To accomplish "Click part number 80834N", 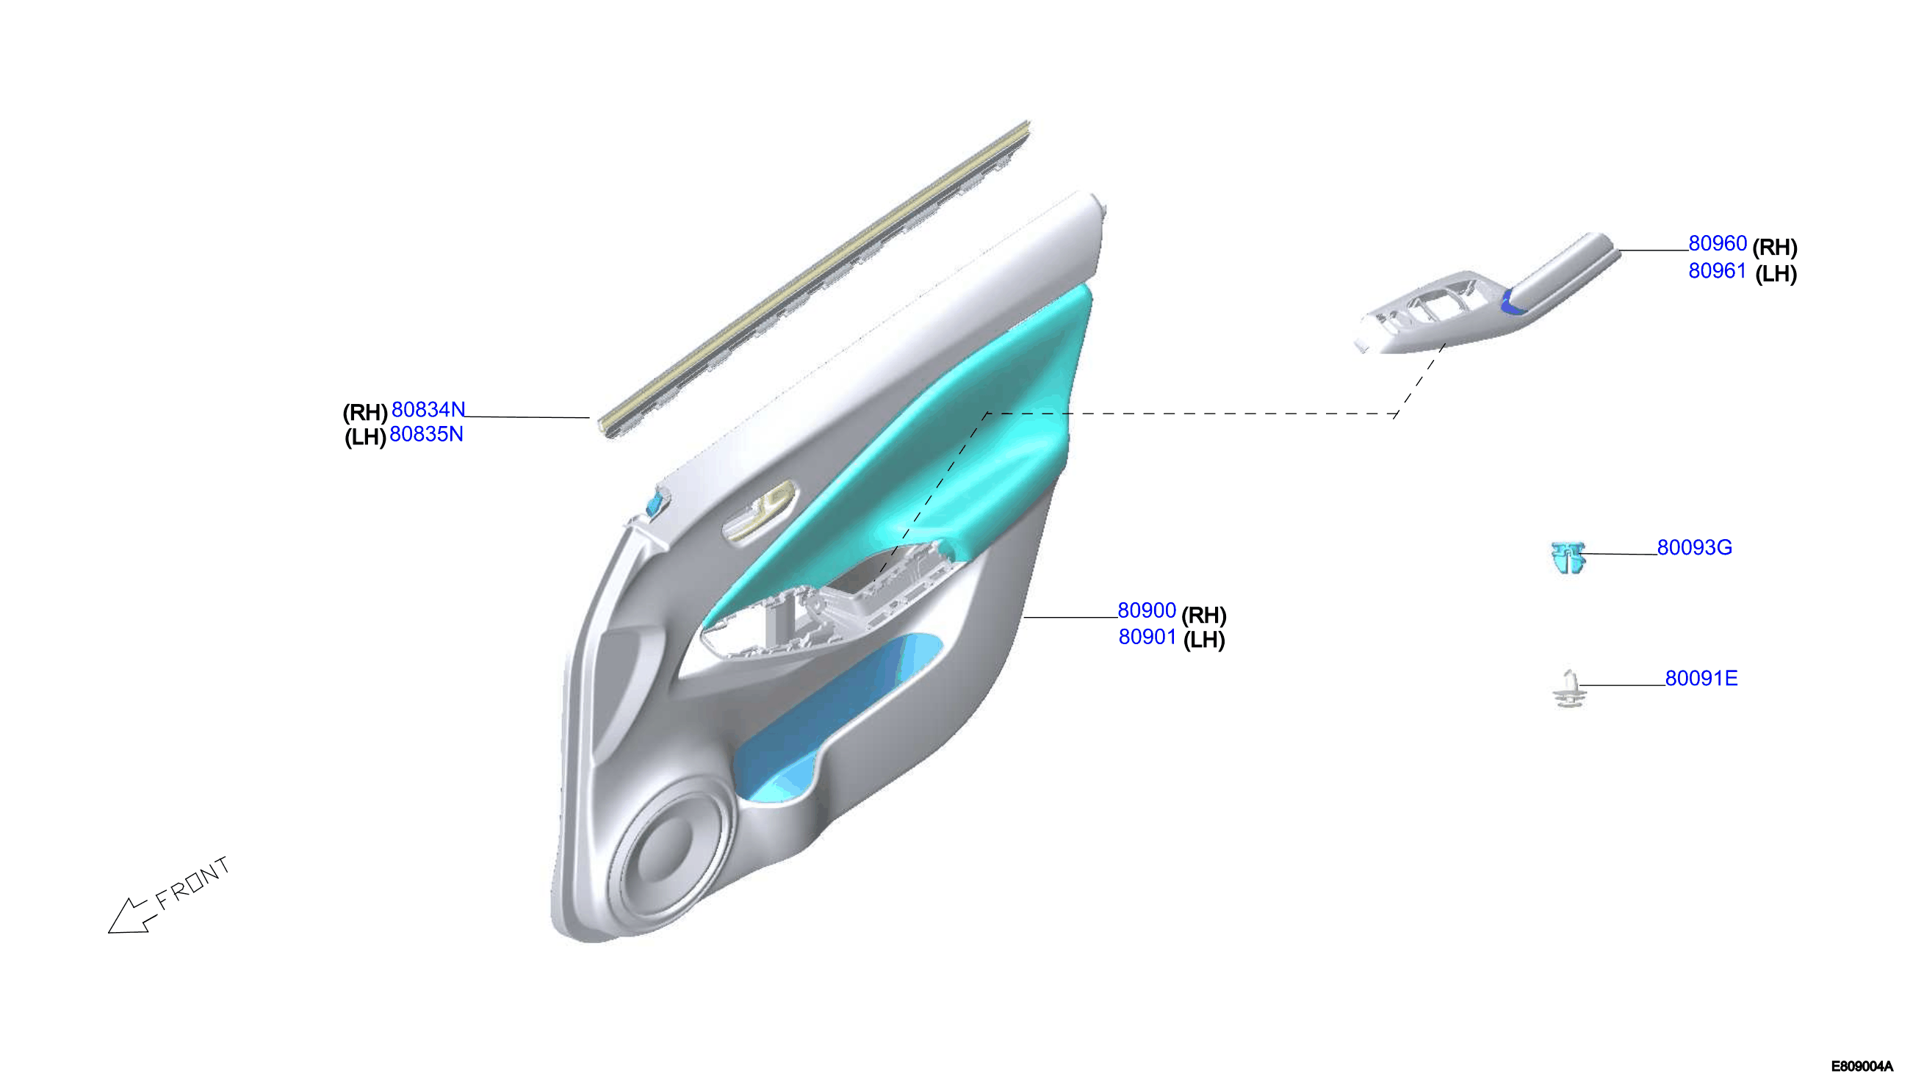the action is pyautogui.click(x=428, y=410).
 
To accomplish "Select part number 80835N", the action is pyautogui.click(x=426, y=434).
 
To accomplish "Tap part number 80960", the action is pyautogui.click(x=1717, y=243).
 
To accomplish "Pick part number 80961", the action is pyautogui.click(x=1717, y=271).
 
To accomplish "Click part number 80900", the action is pyautogui.click(x=1146, y=610).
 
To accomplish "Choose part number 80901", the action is pyautogui.click(x=1147, y=637).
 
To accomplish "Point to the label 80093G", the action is pyautogui.click(x=1694, y=547).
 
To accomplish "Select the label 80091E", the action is pyautogui.click(x=1701, y=678).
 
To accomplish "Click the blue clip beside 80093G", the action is pyautogui.click(x=1568, y=557).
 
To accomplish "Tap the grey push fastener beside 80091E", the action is pyautogui.click(x=1568, y=690).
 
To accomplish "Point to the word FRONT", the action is pyautogui.click(x=192, y=883).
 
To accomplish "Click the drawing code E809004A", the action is pyautogui.click(x=1862, y=1066).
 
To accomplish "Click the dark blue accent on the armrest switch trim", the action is pyautogui.click(x=1510, y=303).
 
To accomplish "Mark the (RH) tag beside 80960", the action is pyautogui.click(x=1774, y=246).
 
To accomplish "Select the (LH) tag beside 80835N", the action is pyautogui.click(x=365, y=437).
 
